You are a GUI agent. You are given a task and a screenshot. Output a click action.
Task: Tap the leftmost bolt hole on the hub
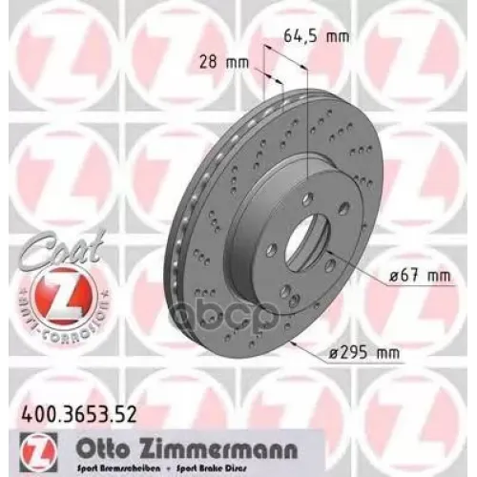tap(271, 250)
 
